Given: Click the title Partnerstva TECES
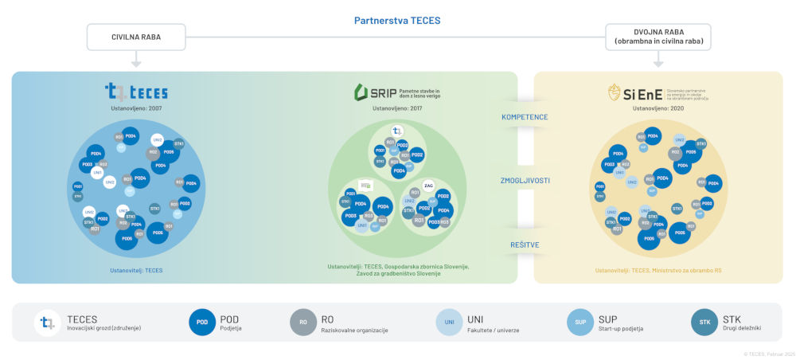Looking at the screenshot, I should click(397, 21).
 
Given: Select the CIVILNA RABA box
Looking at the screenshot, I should click(135, 37).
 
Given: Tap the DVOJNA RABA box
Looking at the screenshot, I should click(657, 37).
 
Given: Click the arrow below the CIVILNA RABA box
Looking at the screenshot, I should click(135, 61).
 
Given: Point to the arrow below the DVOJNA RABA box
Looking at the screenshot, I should click(657, 61).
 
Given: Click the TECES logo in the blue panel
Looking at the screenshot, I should click(136, 92).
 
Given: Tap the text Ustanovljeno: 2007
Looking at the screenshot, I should click(136, 108).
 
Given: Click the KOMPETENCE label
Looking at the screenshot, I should click(525, 117).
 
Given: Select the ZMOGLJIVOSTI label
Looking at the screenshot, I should click(525, 180).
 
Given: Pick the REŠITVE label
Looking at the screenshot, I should click(525, 245).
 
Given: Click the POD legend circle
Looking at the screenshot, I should click(202, 323).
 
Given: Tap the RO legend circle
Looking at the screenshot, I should click(303, 323).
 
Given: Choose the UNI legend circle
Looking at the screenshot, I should click(449, 323).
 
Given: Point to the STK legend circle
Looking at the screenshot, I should click(704, 323).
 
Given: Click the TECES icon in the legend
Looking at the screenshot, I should click(49, 323).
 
